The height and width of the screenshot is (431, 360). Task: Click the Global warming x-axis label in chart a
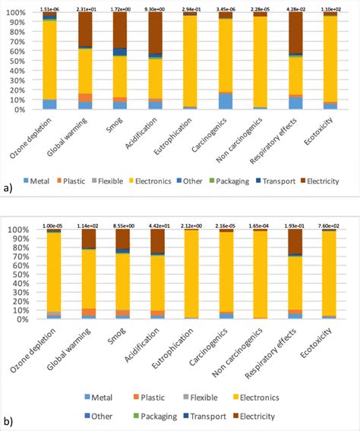[72, 134]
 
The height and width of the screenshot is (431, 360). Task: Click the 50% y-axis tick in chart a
[14, 61]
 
